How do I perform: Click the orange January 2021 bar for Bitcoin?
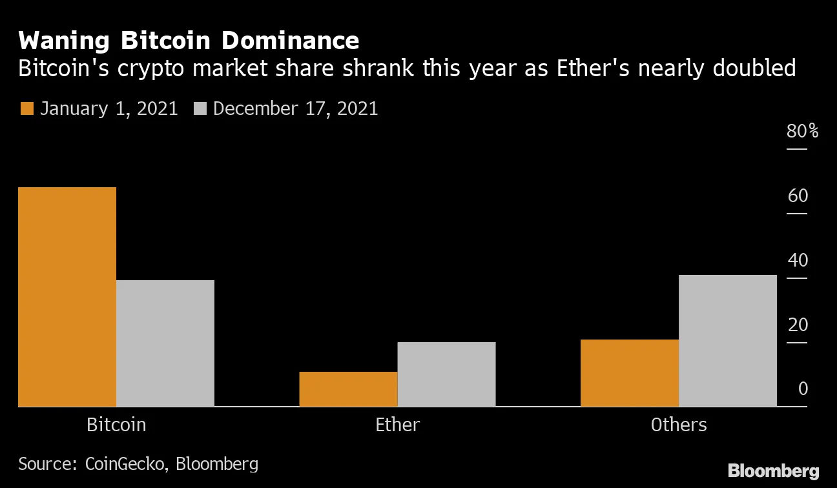67,297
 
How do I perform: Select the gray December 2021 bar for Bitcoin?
165,343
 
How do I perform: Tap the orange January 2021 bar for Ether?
348,389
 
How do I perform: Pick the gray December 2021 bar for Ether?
446,374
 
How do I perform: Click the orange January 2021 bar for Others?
630,373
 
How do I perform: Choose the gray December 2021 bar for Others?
728,341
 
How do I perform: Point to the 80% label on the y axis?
802,132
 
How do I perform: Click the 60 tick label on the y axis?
798,196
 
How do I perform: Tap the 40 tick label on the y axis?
798,260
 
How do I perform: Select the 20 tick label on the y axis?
798,324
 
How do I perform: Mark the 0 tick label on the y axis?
803,389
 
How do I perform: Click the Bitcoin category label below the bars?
116,425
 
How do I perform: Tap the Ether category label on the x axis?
397,425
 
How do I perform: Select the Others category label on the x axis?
679,425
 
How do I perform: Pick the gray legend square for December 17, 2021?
199,108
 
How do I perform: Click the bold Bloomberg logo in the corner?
774,471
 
